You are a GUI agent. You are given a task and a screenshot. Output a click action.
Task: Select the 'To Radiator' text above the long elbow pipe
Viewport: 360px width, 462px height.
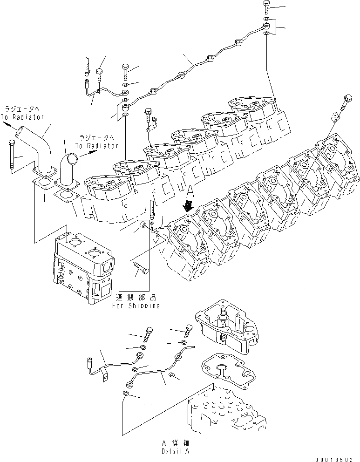(22, 117)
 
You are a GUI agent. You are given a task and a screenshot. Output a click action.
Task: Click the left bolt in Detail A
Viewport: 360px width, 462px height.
(149, 333)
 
